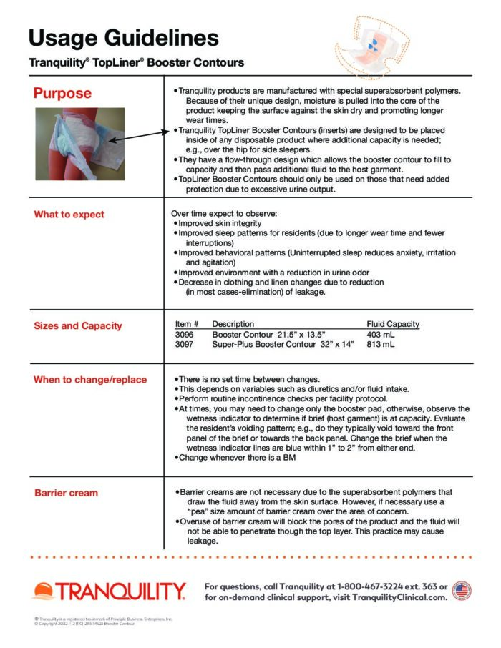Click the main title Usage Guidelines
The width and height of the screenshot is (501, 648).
point(124,37)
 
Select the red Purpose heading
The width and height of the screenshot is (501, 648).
point(62,94)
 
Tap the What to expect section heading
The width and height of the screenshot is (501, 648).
point(69,215)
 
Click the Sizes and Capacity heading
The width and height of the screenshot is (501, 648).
point(78,326)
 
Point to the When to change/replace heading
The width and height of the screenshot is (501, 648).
point(90,380)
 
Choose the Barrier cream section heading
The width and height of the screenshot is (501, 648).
point(67,493)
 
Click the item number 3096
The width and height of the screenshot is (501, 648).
point(184,334)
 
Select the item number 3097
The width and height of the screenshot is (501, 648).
point(184,344)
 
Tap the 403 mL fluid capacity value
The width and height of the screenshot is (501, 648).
point(380,334)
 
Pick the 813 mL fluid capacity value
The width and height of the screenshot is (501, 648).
point(380,344)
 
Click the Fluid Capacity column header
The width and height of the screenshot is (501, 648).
point(393,324)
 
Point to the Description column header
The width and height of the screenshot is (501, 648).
point(233,324)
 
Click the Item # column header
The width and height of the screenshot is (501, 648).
point(186,324)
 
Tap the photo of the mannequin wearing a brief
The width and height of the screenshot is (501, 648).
point(79,144)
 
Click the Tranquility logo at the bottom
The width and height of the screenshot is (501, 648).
point(109,591)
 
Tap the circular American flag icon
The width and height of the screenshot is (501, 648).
point(462,591)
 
